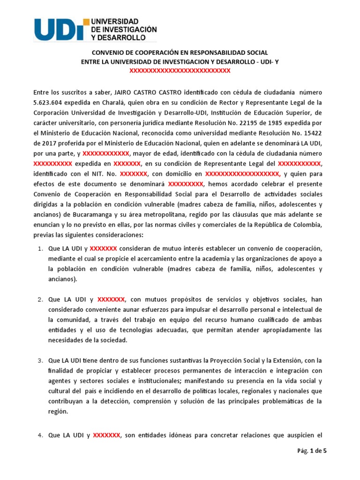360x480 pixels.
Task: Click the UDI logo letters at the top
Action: [59, 29]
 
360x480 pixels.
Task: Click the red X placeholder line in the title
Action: [180, 70]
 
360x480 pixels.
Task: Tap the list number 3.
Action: [40, 360]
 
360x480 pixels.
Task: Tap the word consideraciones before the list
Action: [117, 234]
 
